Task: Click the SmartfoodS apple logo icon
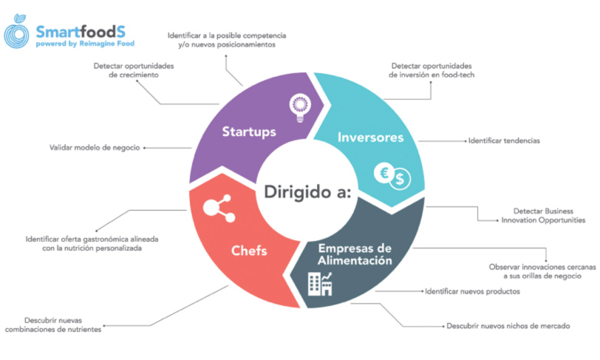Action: click(x=18, y=35)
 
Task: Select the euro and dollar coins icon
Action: click(x=392, y=176)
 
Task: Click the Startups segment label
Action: click(x=249, y=132)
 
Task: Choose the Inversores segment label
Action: click(x=370, y=137)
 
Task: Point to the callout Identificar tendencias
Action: click(x=503, y=140)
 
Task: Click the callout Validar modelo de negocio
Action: click(x=95, y=147)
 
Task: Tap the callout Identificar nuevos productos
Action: click(x=472, y=291)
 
